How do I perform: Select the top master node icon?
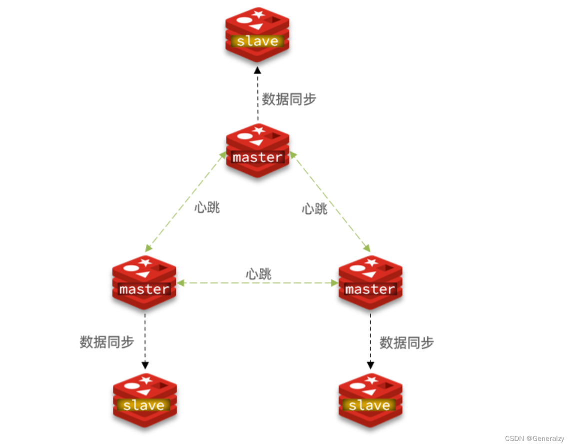click(258, 150)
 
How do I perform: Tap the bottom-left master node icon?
click(144, 282)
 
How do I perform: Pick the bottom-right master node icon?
click(370, 282)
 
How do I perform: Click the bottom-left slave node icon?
click(144, 398)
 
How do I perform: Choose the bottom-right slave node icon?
click(370, 398)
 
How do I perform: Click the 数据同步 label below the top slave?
click(289, 99)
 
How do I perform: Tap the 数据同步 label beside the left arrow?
click(107, 342)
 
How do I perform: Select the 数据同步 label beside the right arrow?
click(407, 342)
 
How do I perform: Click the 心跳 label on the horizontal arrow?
click(258, 273)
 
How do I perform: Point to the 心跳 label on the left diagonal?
click(207, 207)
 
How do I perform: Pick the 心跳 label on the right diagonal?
click(315, 208)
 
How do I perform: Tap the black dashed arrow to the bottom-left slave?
click(145, 340)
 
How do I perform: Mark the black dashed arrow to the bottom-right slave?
click(370, 340)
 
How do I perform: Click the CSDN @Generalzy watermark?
click(535, 438)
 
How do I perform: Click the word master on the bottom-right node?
click(370, 289)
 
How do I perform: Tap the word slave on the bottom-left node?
click(144, 405)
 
